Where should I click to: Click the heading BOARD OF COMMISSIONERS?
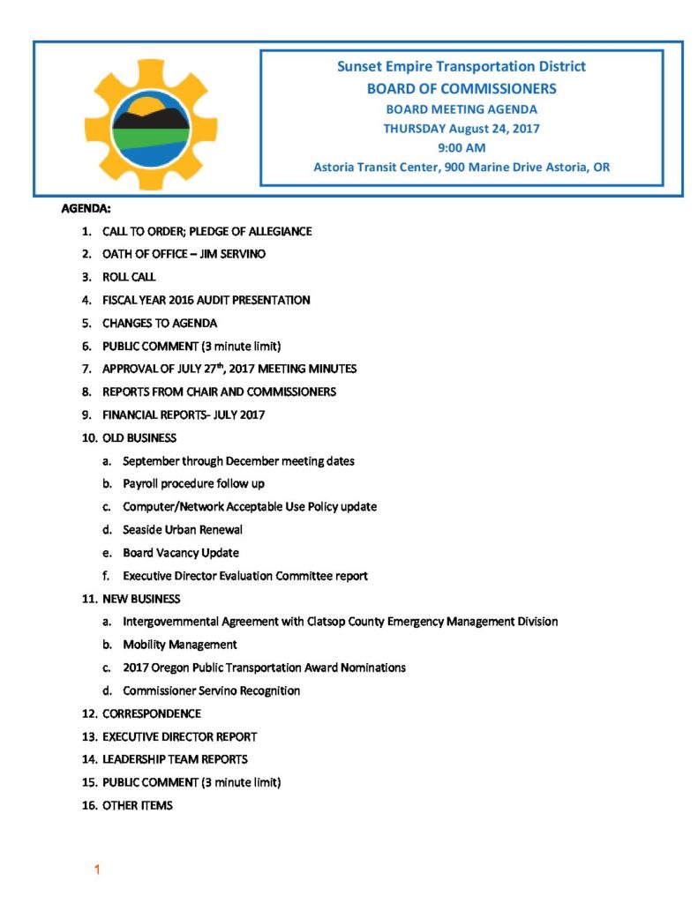[x=462, y=88]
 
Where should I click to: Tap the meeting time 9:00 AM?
[x=462, y=147]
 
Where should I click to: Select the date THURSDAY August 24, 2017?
[x=462, y=128]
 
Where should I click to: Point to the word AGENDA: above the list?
[x=86, y=209]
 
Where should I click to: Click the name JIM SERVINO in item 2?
[x=234, y=254]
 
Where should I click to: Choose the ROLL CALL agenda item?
[x=129, y=277]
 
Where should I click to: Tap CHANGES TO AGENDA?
[x=160, y=323]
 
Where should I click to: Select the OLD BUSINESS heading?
[x=139, y=437]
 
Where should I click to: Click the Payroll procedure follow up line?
[x=193, y=483]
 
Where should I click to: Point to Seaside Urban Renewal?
[x=183, y=530]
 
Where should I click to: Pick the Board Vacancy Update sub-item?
[x=181, y=553]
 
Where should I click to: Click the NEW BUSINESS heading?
[x=141, y=599]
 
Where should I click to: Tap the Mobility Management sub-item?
[x=180, y=645]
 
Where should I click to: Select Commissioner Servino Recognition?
[x=212, y=690]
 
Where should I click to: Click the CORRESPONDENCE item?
[x=152, y=713]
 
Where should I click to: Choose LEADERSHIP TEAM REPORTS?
[x=175, y=759]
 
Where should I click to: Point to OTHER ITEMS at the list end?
[x=138, y=805]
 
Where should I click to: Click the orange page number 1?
[x=97, y=870]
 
